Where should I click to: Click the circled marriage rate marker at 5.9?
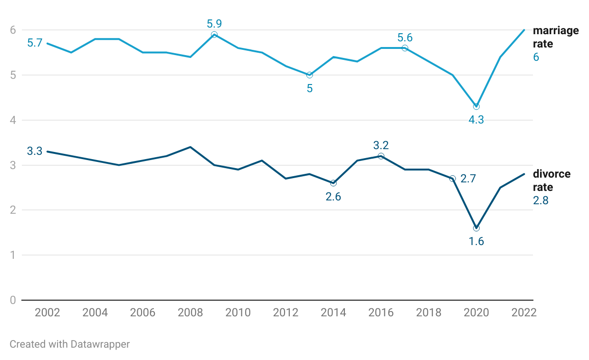click(214, 35)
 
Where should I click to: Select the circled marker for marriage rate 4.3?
click(476, 106)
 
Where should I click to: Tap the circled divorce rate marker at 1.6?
click(476, 228)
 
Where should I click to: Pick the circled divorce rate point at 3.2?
click(381, 156)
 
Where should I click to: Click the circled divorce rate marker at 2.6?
click(333, 183)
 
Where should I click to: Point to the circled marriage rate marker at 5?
click(310, 75)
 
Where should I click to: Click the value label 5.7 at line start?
click(35, 43)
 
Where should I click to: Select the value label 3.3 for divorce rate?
click(35, 151)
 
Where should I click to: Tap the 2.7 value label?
click(468, 179)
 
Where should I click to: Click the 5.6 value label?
click(405, 38)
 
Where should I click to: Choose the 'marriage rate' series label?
click(556, 37)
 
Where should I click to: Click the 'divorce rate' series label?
click(552, 180)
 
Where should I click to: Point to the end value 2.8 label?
click(541, 200)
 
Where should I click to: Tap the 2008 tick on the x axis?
click(190, 313)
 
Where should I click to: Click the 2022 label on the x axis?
click(524, 313)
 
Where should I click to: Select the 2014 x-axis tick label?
click(333, 313)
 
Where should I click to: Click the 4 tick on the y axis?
click(13, 120)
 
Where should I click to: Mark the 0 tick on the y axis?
click(13, 300)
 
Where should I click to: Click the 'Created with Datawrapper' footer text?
click(70, 344)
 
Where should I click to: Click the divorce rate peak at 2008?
click(190, 147)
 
